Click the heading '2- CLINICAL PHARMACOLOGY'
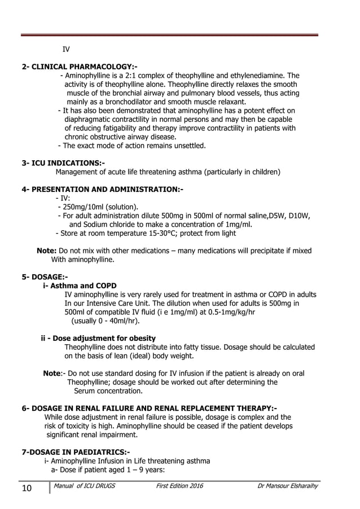click(79, 67)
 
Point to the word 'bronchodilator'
click(122, 102)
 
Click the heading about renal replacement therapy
click(149, 408)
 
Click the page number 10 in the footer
click(27, 488)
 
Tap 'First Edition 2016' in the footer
click(179, 486)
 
